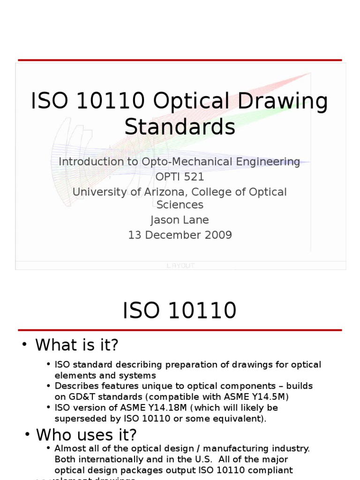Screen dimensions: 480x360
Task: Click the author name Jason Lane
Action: click(180, 220)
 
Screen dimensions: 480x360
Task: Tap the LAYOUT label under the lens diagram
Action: click(180, 266)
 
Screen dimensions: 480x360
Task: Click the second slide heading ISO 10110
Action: click(180, 311)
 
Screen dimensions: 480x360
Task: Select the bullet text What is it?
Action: click(77, 345)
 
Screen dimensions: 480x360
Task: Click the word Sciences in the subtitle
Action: click(180, 205)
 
